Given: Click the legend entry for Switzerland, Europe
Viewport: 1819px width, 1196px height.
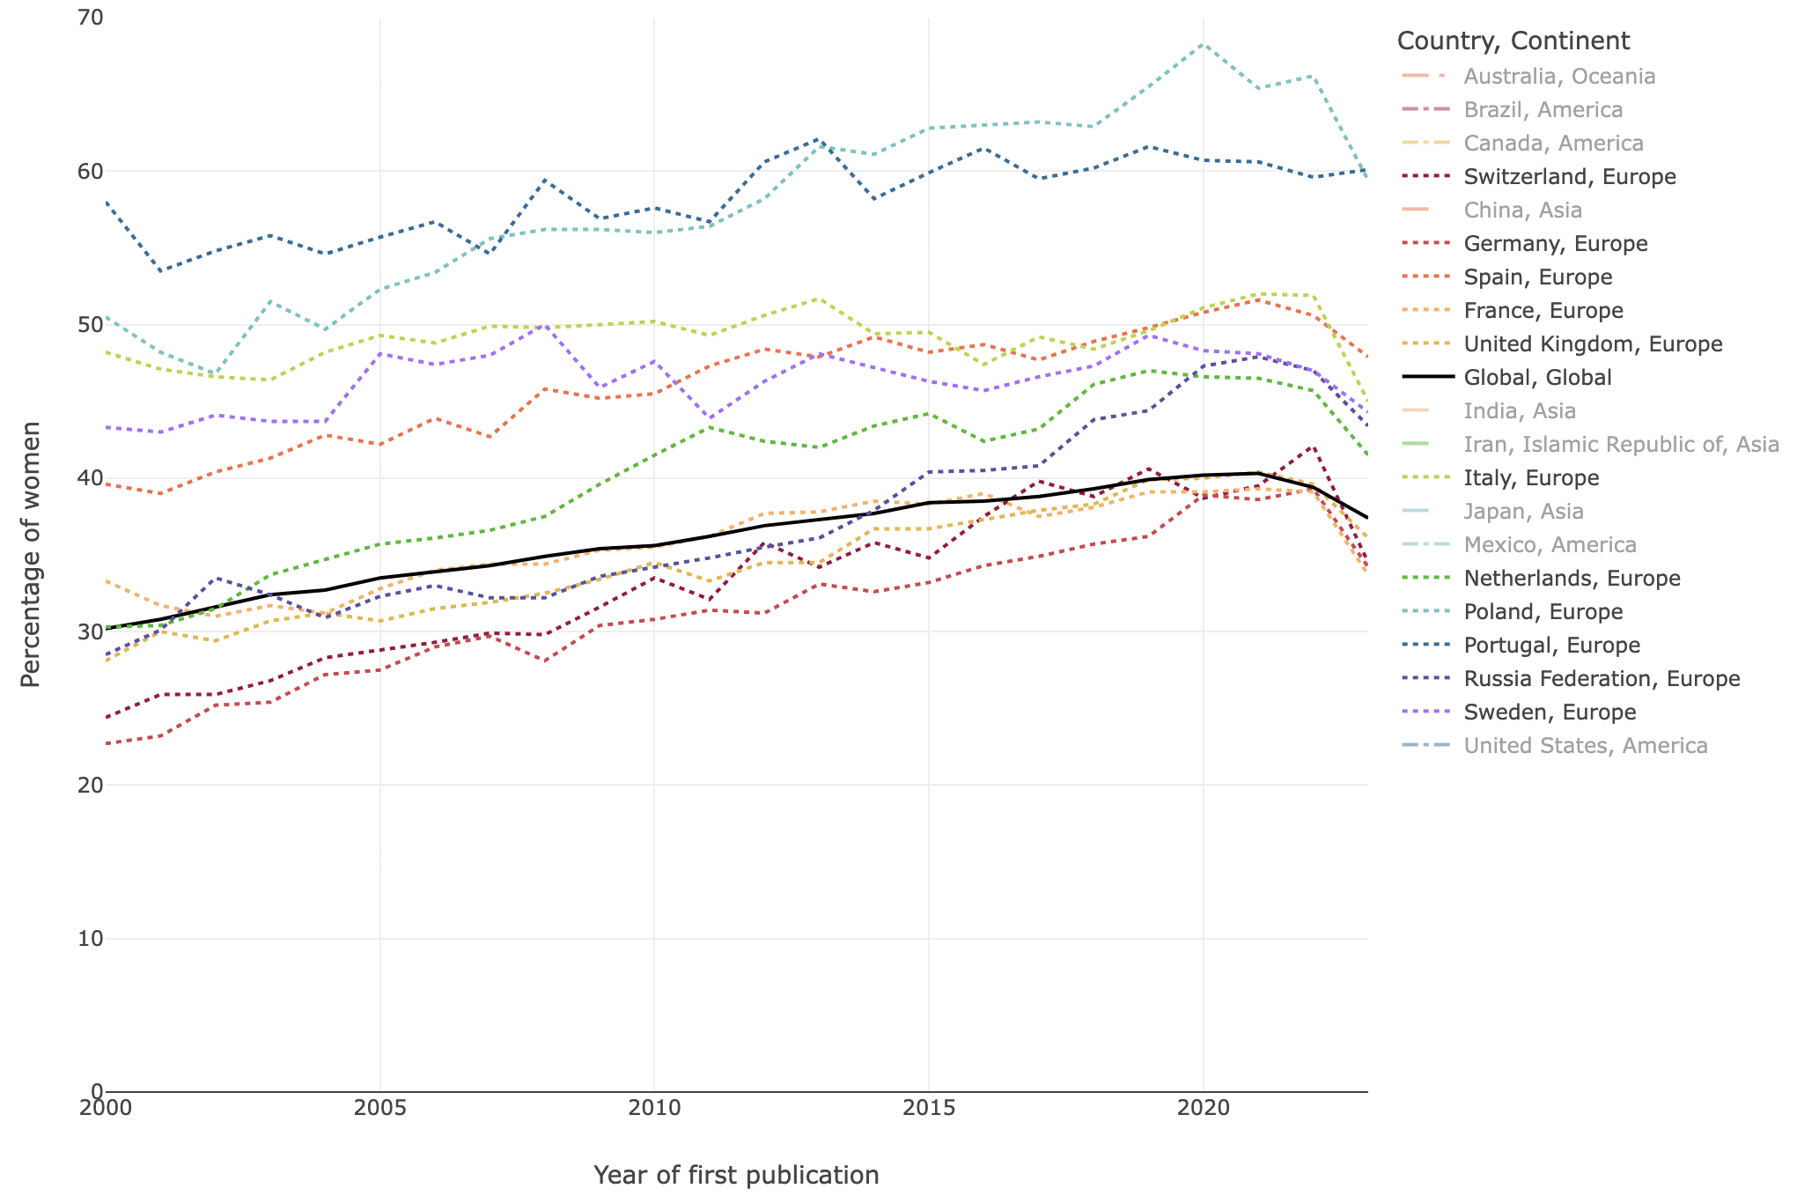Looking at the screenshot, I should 1569,176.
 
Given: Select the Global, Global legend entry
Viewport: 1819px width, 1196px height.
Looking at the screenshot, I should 1537,377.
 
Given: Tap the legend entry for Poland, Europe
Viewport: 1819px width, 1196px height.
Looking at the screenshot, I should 1543,611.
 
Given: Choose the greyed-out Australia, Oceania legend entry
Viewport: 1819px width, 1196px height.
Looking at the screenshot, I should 1559,76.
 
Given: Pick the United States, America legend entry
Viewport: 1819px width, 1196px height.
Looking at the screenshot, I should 1585,745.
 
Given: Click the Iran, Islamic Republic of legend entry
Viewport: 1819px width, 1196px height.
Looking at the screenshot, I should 1621,444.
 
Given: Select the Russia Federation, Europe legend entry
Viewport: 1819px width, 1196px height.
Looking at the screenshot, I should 1602,678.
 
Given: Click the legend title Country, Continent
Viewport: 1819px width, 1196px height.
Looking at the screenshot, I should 1513,41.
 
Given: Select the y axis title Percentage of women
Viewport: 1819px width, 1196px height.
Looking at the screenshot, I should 31,554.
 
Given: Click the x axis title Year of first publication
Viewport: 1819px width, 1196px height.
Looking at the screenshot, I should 736,1175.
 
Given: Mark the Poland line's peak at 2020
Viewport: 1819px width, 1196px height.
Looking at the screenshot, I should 1203,44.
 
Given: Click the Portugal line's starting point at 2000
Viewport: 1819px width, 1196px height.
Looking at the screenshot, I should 106,203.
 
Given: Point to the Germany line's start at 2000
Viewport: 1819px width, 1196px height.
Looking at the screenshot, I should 106,744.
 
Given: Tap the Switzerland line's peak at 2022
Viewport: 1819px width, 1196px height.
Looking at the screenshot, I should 1313,446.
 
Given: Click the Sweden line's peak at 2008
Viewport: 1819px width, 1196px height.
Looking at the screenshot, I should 545,325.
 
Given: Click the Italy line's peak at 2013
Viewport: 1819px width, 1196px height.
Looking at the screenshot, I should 819,299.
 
